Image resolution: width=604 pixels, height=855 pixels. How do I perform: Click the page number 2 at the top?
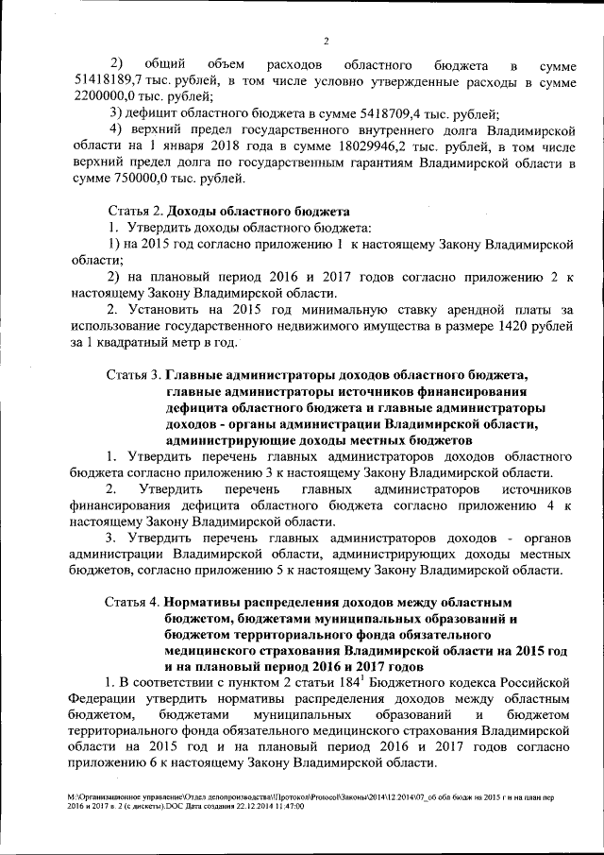click(x=325, y=41)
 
